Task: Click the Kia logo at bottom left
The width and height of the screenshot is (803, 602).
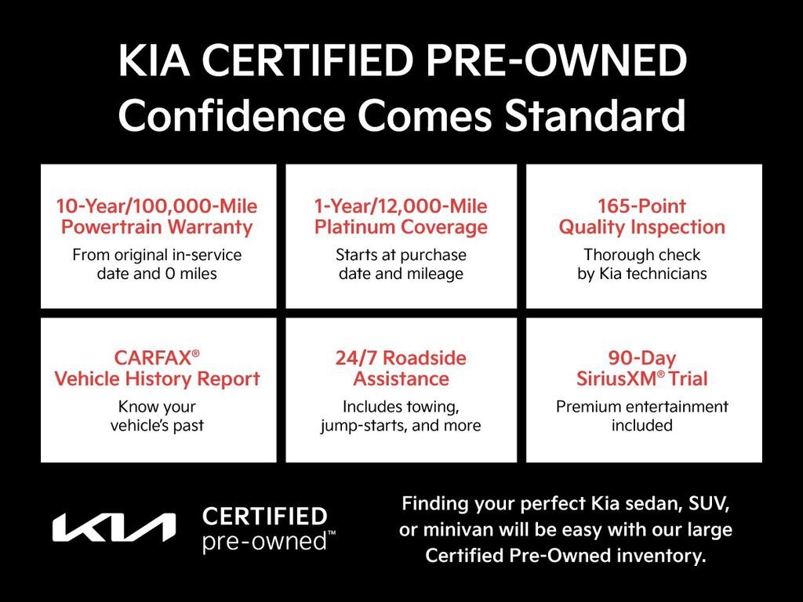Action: pyautogui.click(x=114, y=528)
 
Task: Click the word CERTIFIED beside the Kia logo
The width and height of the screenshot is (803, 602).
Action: pyautogui.click(x=264, y=516)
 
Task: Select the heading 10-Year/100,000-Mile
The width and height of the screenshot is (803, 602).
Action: pyautogui.click(x=157, y=207)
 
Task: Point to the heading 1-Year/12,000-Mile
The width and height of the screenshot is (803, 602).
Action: pyautogui.click(x=401, y=207)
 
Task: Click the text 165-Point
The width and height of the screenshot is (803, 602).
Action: pyautogui.click(x=641, y=207)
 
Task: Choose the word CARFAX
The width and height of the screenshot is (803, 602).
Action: pyautogui.click(x=153, y=358)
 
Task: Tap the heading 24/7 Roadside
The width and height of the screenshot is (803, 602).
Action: pyautogui.click(x=401, y=358)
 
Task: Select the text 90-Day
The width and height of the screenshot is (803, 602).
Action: pyautogui.click(x=641, y=358)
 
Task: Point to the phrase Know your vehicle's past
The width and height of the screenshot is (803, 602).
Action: pyautogui.click(x=157, y=416)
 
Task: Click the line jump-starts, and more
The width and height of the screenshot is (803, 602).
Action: pyautogui.click(x=401, y=426)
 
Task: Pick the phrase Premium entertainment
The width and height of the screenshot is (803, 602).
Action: pyautogui.click(x=641, y=407)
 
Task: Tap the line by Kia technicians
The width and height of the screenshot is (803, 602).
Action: pyautogui.click(x=641, y=274)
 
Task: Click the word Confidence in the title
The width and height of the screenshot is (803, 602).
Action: pyautogui.click(x=231, y=115)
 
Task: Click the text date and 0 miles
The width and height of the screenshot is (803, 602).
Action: pyautogui.click(x=157, y=274)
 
